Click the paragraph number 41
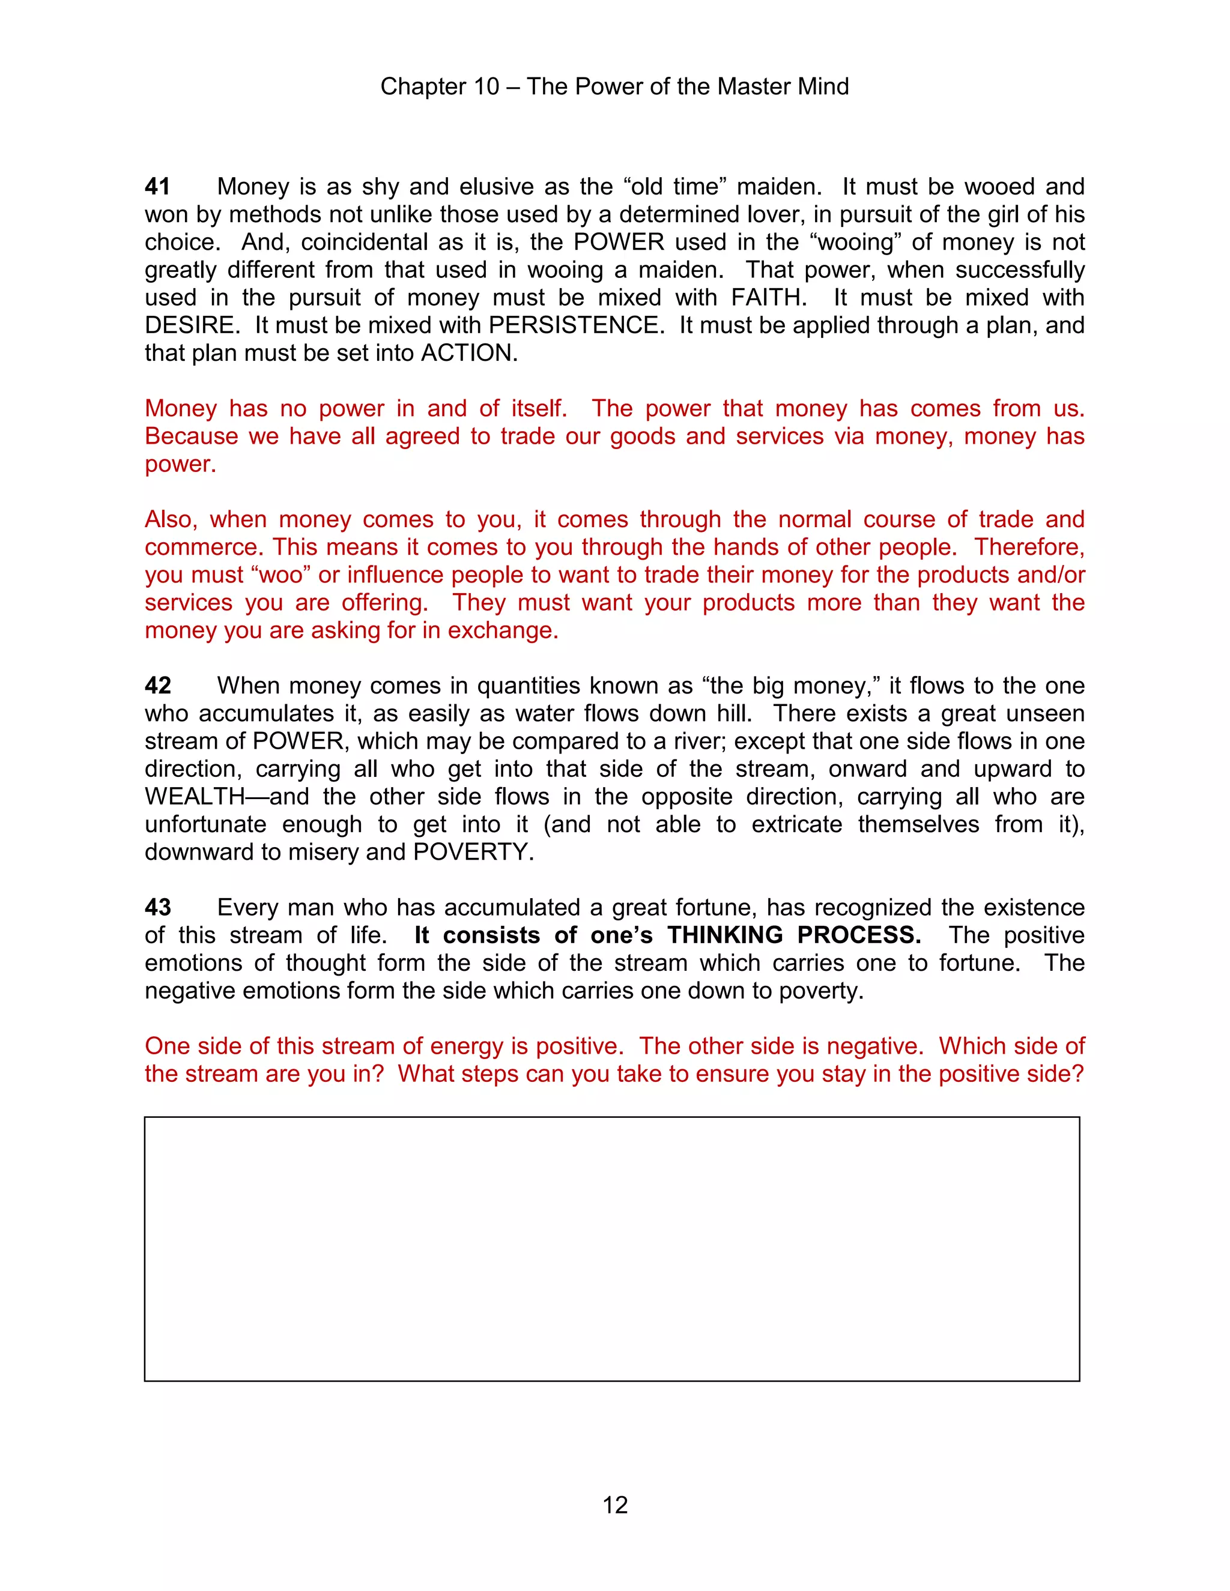(157, 187)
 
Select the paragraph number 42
(157, 686)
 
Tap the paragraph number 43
(157, 907)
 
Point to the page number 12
(615, 1505)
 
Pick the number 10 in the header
(486, 86)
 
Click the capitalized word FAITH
(768, 297)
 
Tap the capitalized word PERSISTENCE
(574, 325)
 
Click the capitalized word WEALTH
(195, 796)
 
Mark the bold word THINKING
(724, 935)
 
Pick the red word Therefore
(1029, 547)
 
